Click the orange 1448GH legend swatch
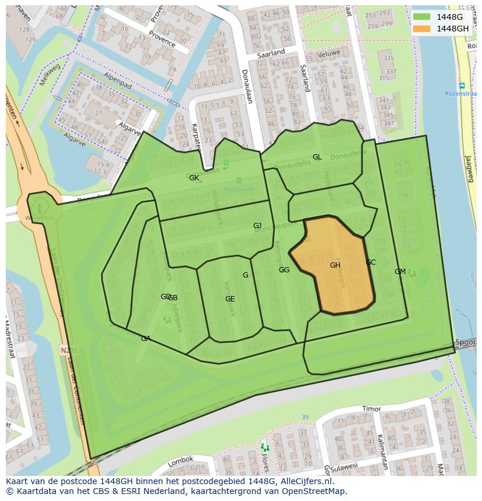tap(422, 29)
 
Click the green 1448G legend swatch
tap(422, 17)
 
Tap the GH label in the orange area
tap(335, 265)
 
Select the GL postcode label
tap(317, 157)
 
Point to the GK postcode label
tap(194, 178)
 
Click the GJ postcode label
tap(257, 226)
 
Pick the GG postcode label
tap(284, 270)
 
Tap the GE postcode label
tap(230, 299)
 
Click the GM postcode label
tap(400, 272)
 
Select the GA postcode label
tap(146, 339)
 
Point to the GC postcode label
tap(371, 262)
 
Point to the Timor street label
tap(371, 409)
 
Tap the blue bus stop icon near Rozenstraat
tap(462, 86)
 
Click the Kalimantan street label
tap(382, 451)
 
